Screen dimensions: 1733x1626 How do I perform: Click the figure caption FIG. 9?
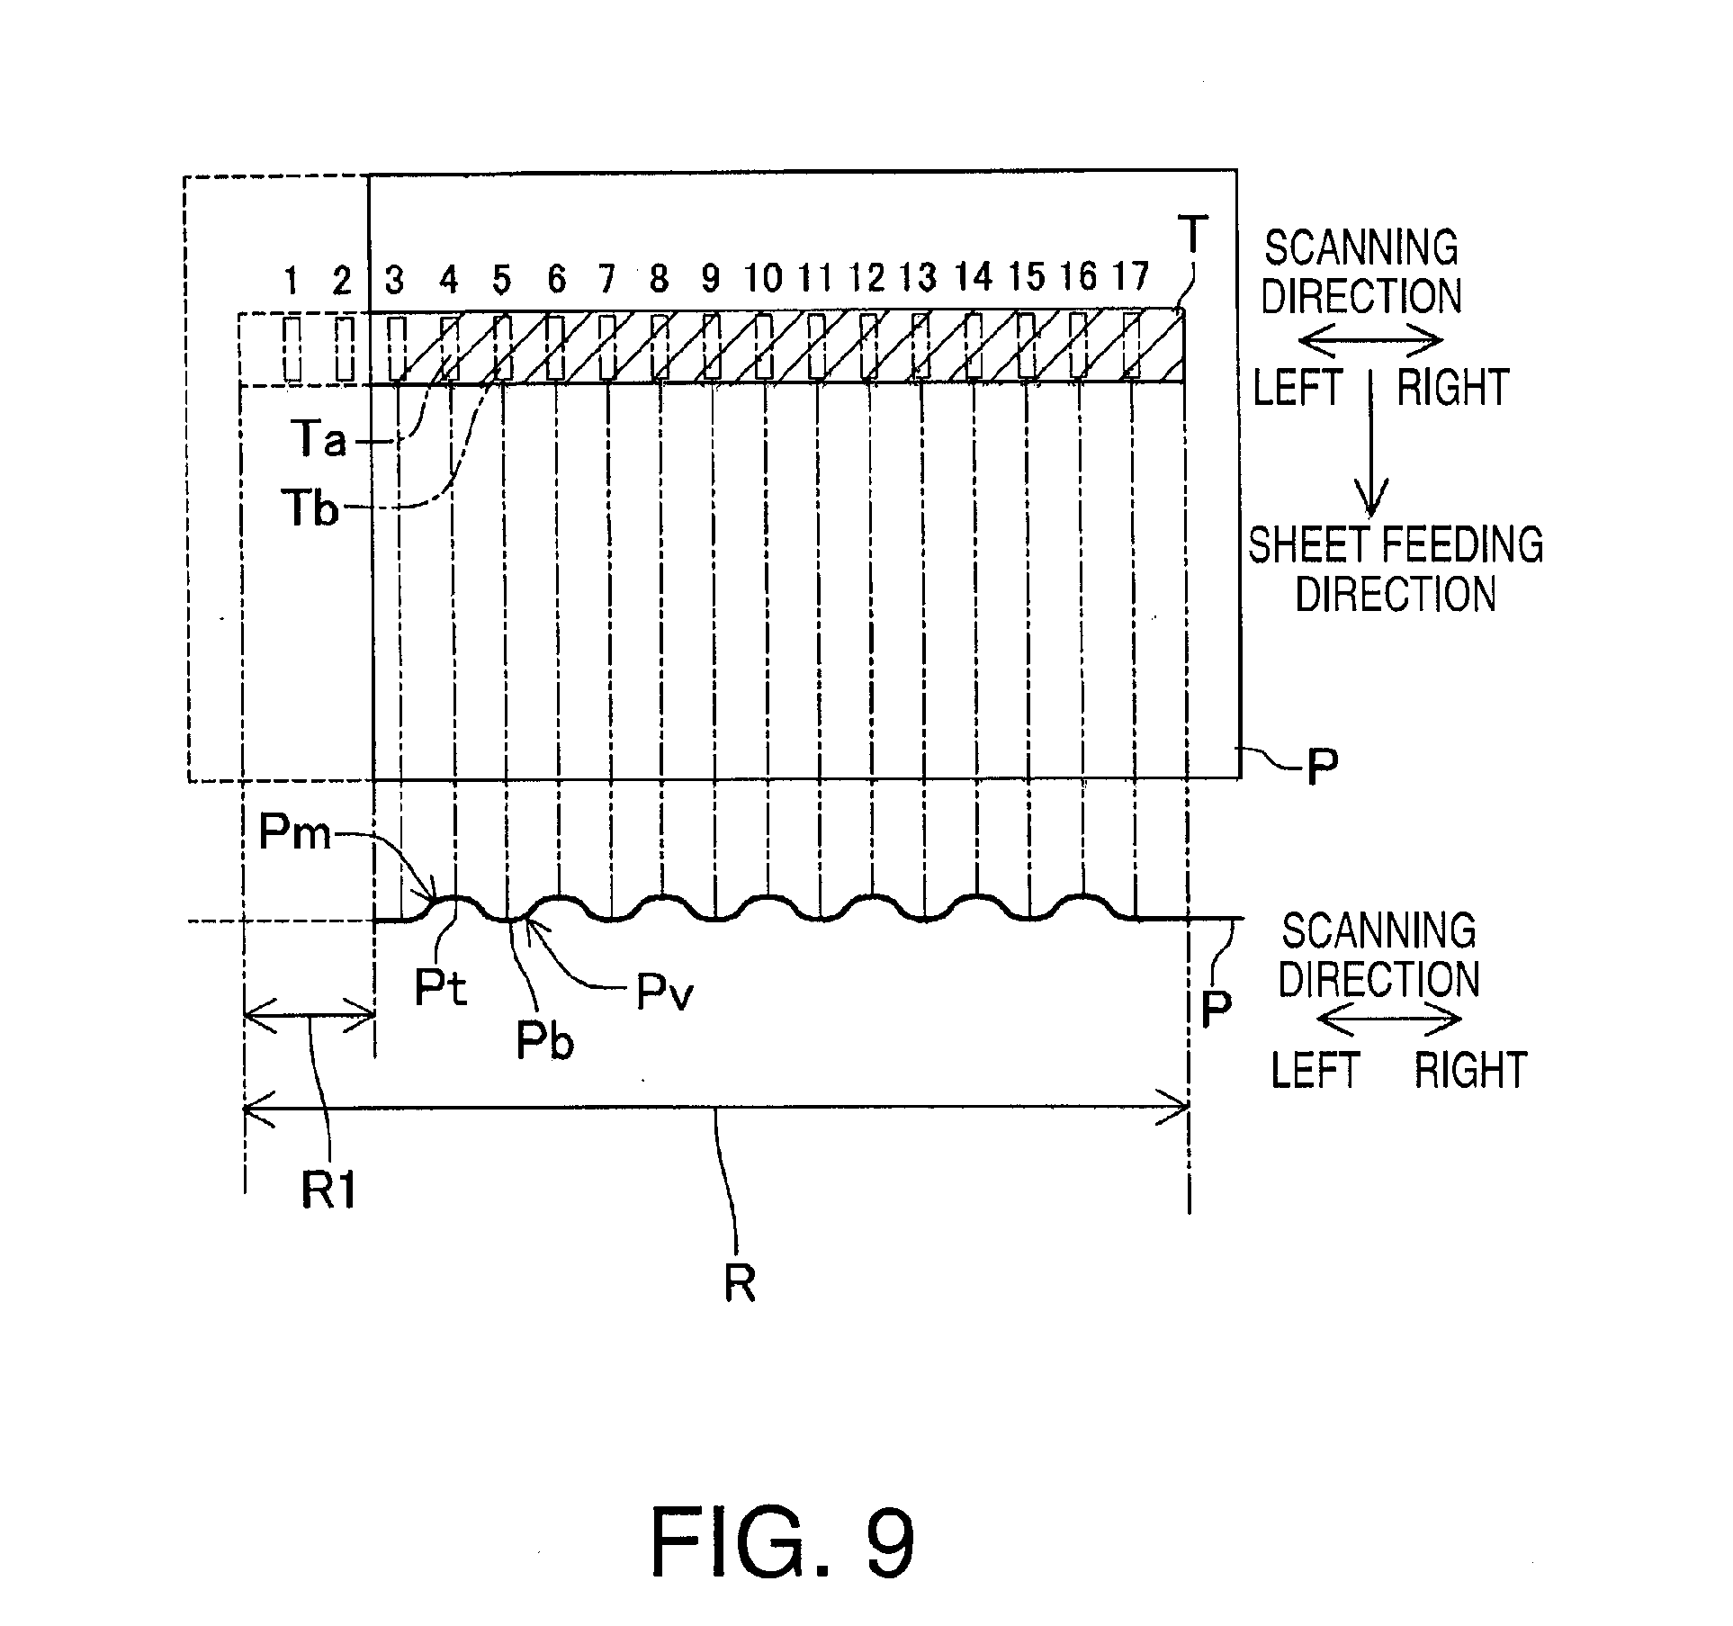pos(782,1543)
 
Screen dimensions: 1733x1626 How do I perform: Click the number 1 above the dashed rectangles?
pos(292,281)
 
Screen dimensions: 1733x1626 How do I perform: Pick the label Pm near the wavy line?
pos(294,833)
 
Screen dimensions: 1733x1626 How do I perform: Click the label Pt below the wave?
pos(441,988)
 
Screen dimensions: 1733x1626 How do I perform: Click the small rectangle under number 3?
pos(397,347)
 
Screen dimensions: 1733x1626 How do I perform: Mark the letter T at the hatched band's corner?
pos(1193,235)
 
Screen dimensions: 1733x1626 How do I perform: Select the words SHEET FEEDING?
pos(1396,545)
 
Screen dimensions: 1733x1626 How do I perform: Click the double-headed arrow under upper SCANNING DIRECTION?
pos(1370,341)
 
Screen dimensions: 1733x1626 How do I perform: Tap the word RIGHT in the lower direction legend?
pos(1471,1070)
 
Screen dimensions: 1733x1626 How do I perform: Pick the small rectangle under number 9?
pos(711,346)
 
